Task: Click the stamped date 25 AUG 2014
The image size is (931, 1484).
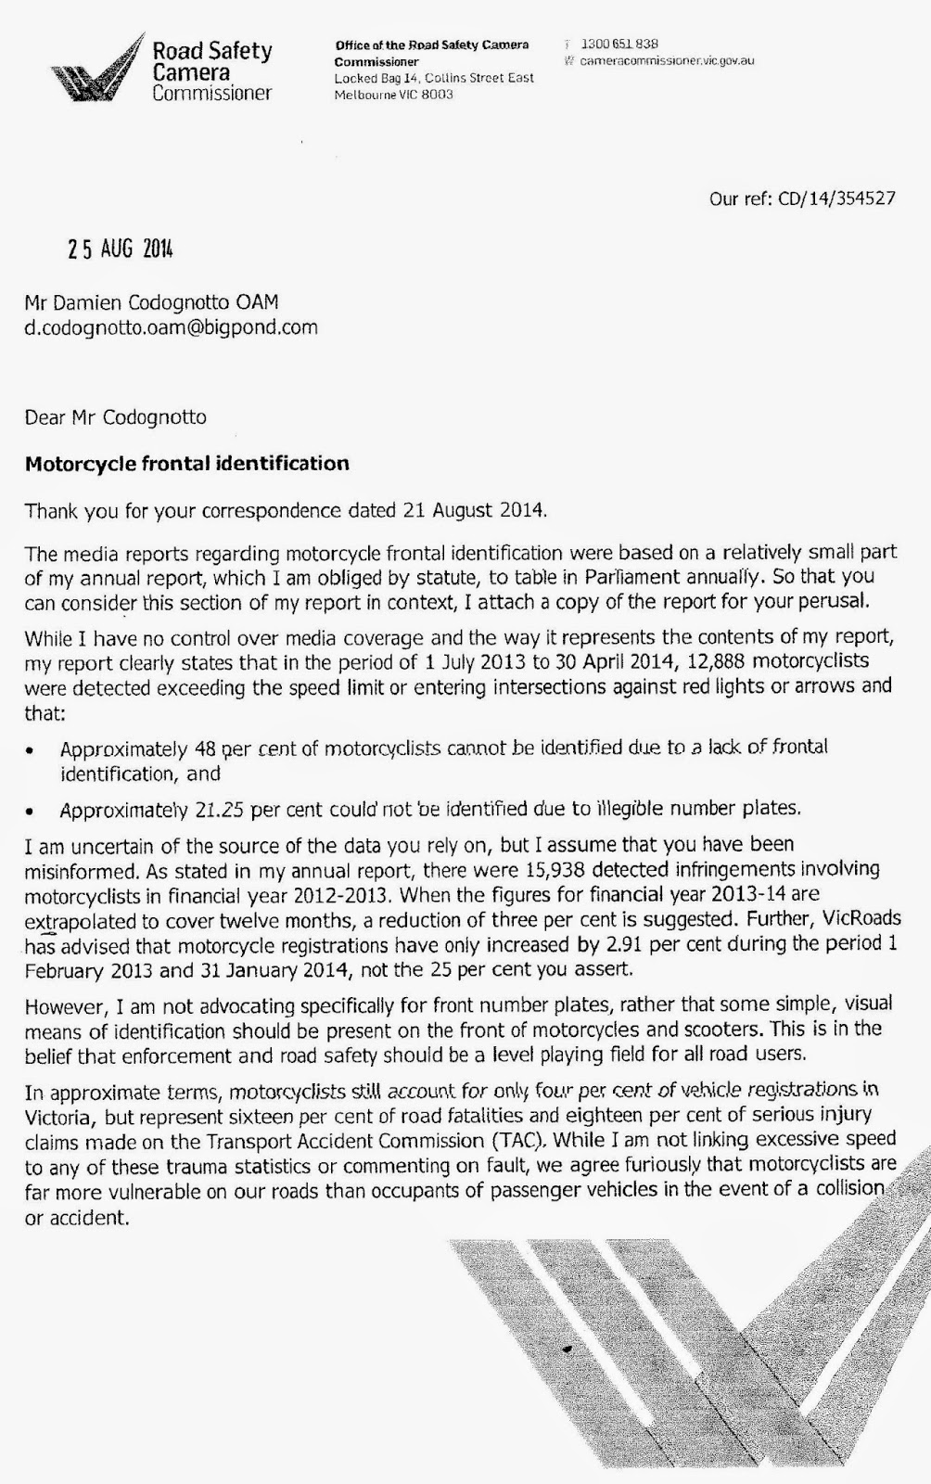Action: click(x=120, y=249)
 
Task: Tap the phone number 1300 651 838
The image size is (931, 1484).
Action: click(x=619, y=44)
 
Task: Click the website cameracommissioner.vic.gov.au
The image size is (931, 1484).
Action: click(x=666, y=60)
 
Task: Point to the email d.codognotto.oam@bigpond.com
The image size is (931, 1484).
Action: click(x=171, y=327)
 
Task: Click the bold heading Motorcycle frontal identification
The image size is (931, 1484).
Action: click(x=186, y=464)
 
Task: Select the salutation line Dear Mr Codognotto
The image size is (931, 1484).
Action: click(x=115, y=417)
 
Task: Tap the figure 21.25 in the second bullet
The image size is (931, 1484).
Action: click(x=220, y=810)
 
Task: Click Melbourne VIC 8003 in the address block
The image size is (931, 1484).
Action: click(x=393, y=95)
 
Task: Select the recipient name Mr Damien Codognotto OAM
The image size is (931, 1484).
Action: click(x=151, y=302)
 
